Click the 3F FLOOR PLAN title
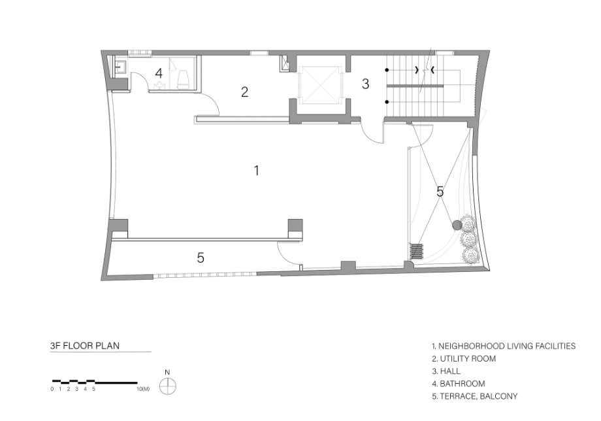tap(85, 345)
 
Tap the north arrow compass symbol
tap(167, 386)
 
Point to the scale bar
tap(95, 382)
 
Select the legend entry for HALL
tap(446, 371)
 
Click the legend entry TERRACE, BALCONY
tap(475, 396)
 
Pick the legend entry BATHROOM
tap(459, 384)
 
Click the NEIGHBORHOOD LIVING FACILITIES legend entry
tap(504, 346)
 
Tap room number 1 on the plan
tap(257, 170)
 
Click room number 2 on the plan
tap(244, 92)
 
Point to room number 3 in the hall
tap(365, 84)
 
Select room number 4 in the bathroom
tap(159, 73)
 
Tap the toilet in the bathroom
tap(183, 78)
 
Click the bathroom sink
tap(120, 67)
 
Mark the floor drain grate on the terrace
tap(417, 251)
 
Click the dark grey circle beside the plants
tap(457, 225)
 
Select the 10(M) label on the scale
tap(143, 389)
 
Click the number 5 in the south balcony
tap(201, 258)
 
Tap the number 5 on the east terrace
tap(440, 192)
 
